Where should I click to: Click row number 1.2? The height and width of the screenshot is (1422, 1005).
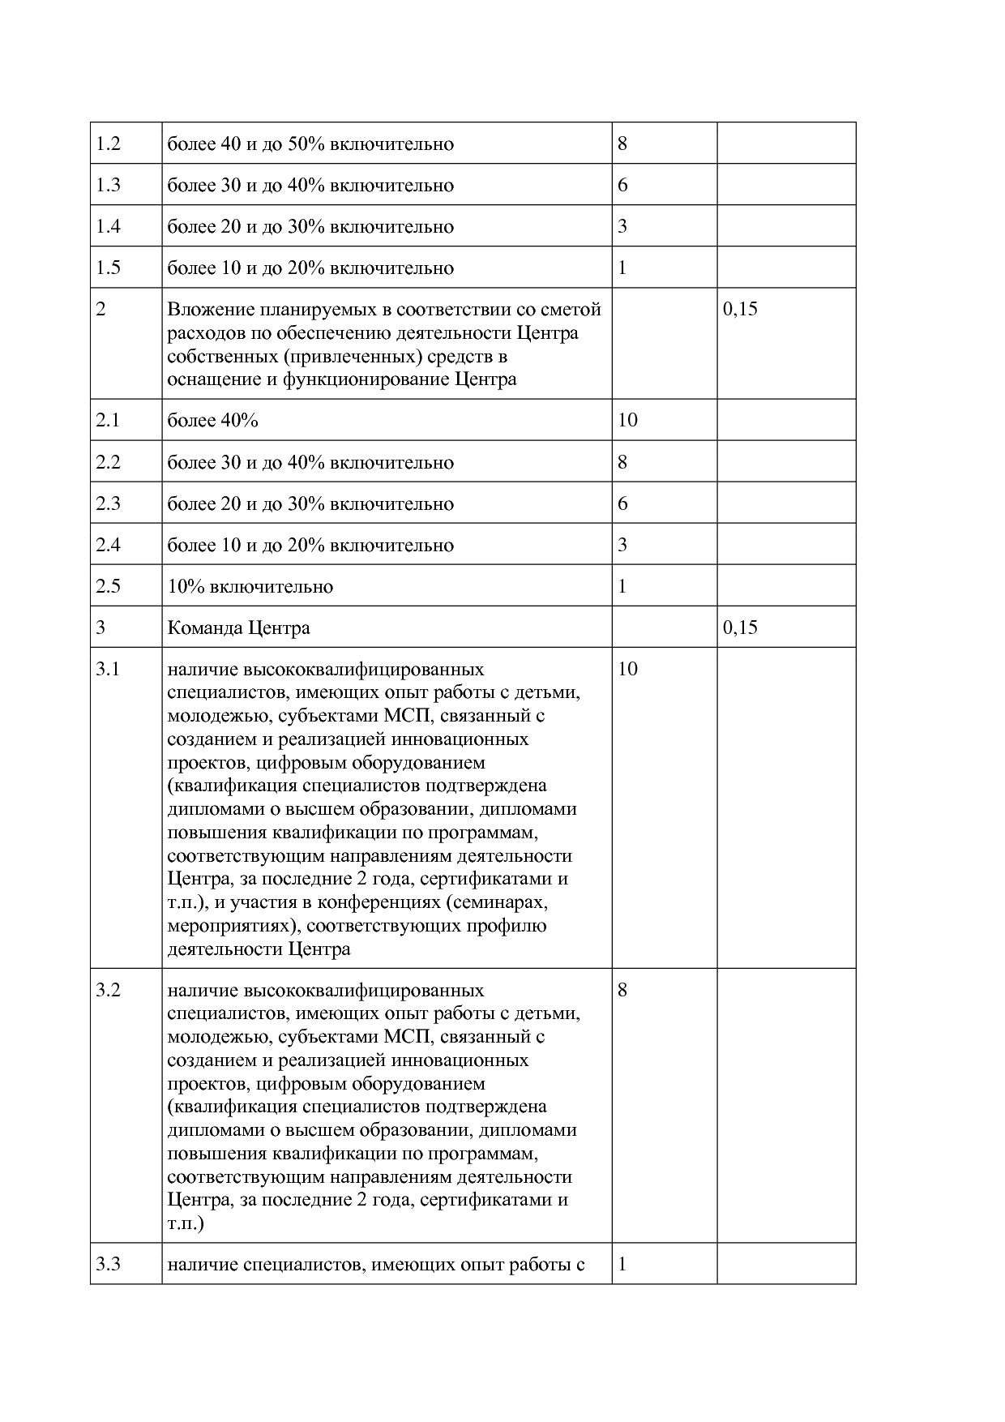click(108, 144)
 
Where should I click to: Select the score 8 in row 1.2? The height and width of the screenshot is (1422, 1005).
click(622, 144)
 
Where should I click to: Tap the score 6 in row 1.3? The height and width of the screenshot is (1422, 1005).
click(622, 186)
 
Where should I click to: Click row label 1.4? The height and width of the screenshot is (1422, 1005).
click(108, 227)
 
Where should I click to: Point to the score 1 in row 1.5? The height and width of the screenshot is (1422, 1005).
click(622, 268)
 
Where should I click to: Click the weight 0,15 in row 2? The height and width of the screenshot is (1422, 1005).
click(740, 309)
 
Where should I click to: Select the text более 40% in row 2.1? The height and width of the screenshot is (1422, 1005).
click(212, 421)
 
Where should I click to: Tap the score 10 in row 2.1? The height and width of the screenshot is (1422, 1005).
click(627, 420)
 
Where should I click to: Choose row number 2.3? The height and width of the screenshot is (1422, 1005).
click(108, 504)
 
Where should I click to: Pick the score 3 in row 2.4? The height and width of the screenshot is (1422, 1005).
click(622, 545)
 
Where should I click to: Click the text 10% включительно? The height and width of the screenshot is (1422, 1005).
click(250, 587)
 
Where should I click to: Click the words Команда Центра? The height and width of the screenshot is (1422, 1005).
click(238, 628)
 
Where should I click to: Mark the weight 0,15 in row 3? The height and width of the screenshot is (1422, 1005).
click(740, 627)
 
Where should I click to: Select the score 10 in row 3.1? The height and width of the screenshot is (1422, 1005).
click(627, 669)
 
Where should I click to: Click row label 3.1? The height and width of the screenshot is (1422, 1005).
click(108, 670)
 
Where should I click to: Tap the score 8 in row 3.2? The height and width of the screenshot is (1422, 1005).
click(622, 990)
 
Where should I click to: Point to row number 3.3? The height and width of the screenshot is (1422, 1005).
click(108, 1264)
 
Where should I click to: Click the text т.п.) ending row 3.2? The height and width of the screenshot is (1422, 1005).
click(186, 1223)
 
